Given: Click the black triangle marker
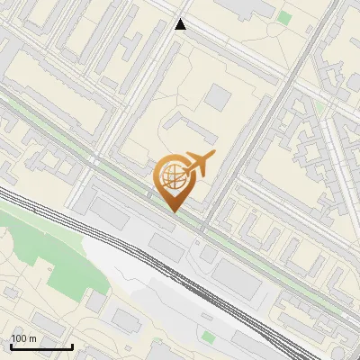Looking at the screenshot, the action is [181, 24].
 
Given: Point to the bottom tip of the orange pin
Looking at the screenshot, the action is [175, 212].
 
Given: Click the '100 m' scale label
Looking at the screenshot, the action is [24, 338].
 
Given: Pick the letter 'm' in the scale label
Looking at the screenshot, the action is [33, 338].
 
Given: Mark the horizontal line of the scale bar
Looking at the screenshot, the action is [41, 346].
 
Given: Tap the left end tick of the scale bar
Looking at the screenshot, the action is [11, 345].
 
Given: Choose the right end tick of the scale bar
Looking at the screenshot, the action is [72, 345].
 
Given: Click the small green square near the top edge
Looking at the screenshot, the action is [285, 17].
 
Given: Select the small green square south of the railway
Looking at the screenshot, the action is [209, 337].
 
